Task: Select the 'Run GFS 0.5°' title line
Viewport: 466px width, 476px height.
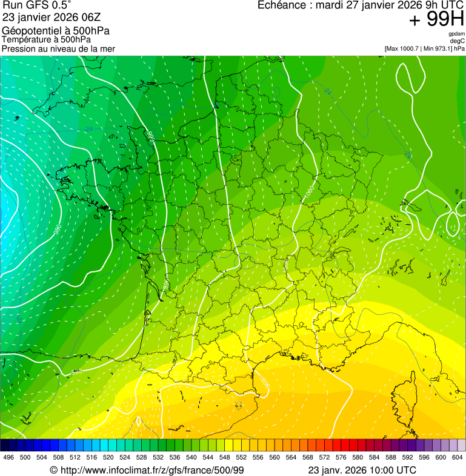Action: tap(37, 5)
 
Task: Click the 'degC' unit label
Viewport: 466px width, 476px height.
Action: tap(458, 41)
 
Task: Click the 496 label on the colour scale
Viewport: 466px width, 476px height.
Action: tap(8, 457)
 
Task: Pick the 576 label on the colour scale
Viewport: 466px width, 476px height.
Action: tap(342, 457)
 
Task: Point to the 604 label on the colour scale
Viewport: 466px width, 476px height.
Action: tap(458, 457)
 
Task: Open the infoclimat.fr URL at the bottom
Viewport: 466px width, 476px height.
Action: tap(151, 470)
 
